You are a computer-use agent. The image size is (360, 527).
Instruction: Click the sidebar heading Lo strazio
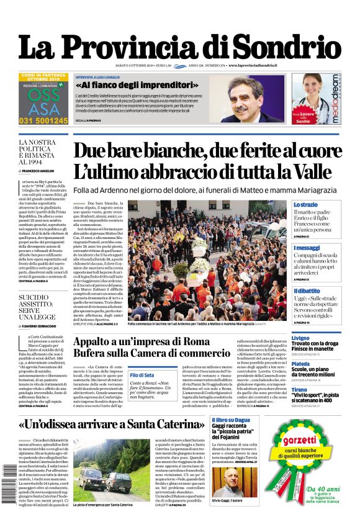pos(306,204)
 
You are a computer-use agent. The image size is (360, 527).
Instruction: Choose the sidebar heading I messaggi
pos(307,248)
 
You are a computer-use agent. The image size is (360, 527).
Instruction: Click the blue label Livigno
pos(300,338)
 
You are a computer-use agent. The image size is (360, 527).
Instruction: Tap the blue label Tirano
pos(299,390)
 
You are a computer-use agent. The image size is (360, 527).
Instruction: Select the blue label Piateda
pos(301,364)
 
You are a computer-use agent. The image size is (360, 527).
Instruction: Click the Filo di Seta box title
pos(142,376)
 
